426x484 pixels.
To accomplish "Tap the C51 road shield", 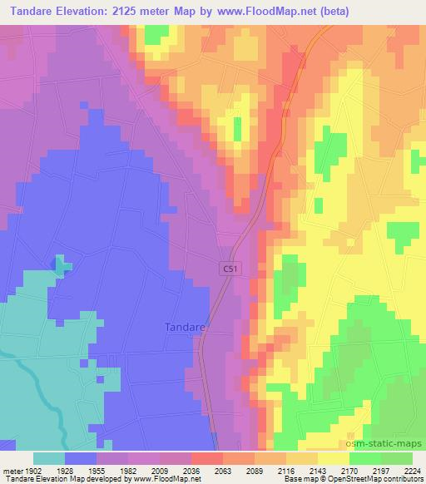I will [231, 268].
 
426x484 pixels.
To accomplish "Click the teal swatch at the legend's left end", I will [49, 458].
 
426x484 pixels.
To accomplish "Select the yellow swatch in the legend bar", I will [333, 458].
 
